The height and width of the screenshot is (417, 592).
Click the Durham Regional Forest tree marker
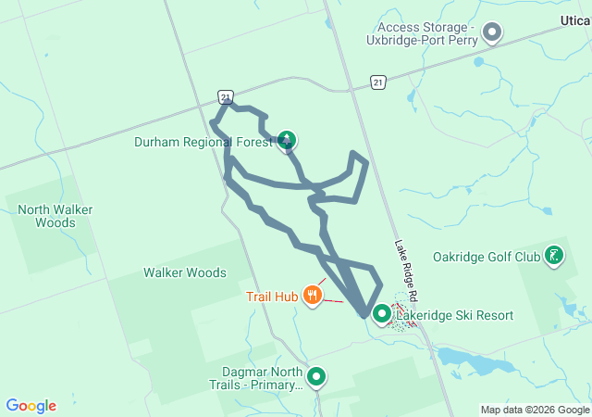pos(287,141)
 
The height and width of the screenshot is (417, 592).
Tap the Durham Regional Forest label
pos(203,142)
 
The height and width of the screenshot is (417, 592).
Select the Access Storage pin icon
pos(492,33)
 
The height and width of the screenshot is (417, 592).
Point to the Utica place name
pos(575,19)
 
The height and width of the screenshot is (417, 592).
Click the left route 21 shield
pos(226,96)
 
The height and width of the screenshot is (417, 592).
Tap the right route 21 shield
pos(377,82)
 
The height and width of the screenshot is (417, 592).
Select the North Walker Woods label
pos(55,216)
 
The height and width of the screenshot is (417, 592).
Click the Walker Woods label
pos(184,272)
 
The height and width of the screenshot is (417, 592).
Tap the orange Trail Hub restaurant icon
pos(313,297)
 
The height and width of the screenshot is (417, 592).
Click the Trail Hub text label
pos(271,297)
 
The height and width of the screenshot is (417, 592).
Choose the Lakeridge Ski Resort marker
pos(381,315)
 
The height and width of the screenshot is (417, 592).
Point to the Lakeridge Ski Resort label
pos(455,315)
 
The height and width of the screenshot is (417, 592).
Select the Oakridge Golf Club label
pos(486,257)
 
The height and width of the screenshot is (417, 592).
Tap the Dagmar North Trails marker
pos(316,376)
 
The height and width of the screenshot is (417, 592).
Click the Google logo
pos(31,406)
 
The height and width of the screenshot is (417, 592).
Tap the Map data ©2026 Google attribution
pos(535,410)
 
